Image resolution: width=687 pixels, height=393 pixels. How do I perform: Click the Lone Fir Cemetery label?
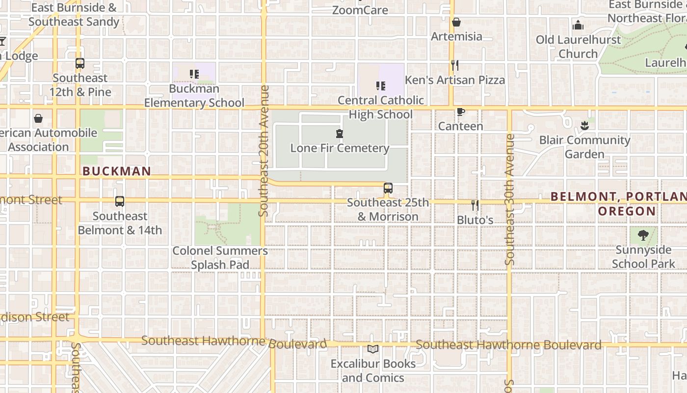pos(340,148)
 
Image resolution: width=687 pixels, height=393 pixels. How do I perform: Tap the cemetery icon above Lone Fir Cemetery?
pos(339,133)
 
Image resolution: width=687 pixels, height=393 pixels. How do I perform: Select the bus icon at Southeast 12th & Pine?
pos(80,63)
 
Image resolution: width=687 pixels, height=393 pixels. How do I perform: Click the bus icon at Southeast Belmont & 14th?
pos(120,201)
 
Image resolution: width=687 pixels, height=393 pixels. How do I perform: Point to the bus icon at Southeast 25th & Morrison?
pos(388,188)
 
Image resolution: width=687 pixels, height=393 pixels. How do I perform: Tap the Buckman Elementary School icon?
pos(194,74)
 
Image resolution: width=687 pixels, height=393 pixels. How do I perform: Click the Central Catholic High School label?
pos(381,107)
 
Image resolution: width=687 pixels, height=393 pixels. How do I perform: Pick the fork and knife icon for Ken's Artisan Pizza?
pos(455,65)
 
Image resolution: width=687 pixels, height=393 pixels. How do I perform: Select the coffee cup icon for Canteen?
pos(460,112)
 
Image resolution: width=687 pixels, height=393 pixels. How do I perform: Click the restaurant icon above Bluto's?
pos(475,204)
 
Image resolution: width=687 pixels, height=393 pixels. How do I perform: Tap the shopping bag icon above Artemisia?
pos(456,22)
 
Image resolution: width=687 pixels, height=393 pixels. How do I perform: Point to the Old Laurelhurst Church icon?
pos(578,25)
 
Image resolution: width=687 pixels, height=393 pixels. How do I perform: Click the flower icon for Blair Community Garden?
pos(584,125)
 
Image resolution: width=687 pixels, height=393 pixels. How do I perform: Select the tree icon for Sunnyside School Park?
pos(643,235)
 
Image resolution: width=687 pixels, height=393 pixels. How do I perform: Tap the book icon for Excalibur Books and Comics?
pos(373,349)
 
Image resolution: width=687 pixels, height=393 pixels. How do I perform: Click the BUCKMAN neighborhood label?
pos(117,171)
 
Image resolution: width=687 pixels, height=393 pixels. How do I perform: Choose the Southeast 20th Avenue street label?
pos(264,151)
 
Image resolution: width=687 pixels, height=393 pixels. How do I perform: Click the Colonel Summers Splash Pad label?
pos(220,258)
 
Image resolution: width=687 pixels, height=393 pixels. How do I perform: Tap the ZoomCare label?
pos(360,10)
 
